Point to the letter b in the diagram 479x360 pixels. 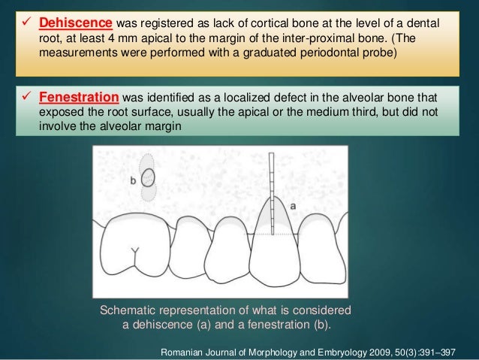(x=133, y=180)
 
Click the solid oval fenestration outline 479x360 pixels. (x=149, y=179)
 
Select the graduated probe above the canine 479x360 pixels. (x=270, y=195)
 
